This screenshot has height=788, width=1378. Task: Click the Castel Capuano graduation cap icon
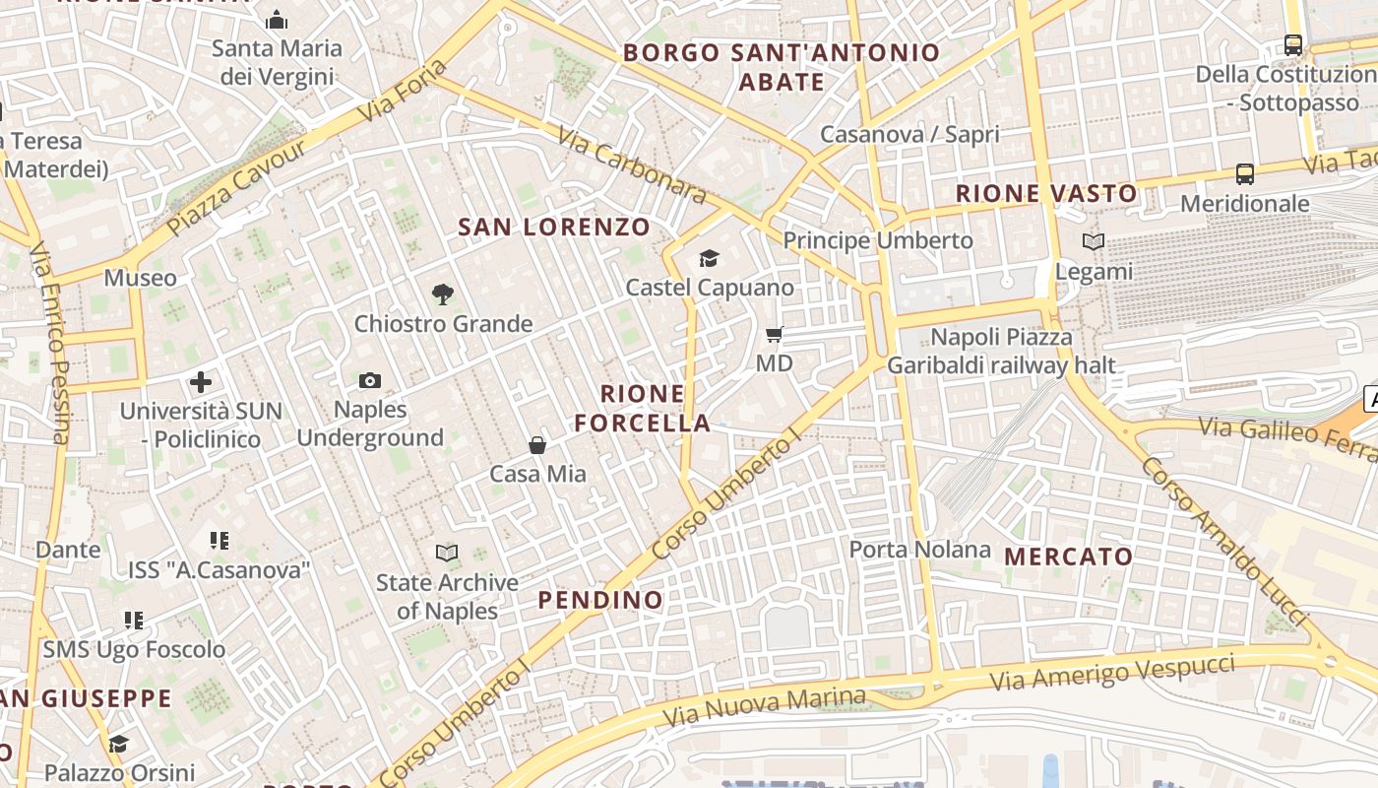(x=709, y=258)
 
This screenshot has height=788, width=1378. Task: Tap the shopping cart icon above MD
(x=775, y=335)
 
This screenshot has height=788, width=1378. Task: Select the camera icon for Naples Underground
(x=370, y=380)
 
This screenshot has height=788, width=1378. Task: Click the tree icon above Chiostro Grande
(x=443, y=294)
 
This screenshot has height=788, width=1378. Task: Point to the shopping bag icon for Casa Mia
(x=537, y=445)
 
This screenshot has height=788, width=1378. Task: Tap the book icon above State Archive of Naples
(x=447, y=554)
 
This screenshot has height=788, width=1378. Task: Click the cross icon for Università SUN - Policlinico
(x=201, y=382)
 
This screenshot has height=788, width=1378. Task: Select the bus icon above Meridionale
(x=1245, y=174)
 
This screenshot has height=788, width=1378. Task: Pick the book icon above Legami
(x=1094, y=241)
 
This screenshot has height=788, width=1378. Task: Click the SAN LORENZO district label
(x=554, y=228)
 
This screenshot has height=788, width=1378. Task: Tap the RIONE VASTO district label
(x=1046, y=194)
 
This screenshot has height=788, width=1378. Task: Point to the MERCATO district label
(x=1069, y=557)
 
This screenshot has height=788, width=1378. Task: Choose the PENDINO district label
(x=600, y=600)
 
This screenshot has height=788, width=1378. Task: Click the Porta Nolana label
(x=919, y=550)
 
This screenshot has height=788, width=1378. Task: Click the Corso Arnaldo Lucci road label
(x=1224, y=540)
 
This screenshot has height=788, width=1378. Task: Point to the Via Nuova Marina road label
(x=764, y=707)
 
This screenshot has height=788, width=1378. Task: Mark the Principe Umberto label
(x=877, y=240)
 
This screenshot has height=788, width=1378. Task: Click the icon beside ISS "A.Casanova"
(x=219, y=540)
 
